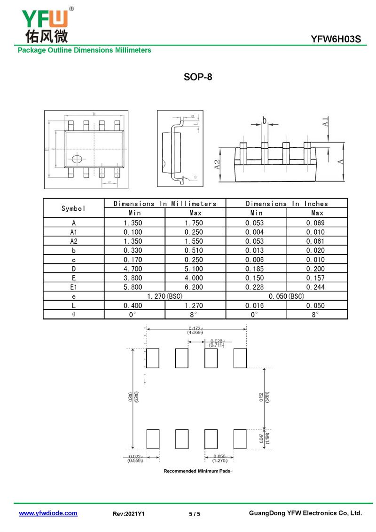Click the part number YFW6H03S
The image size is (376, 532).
[336, 40]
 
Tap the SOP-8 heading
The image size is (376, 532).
[198, 77]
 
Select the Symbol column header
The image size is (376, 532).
[73, 208]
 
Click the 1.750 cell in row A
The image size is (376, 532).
[194, 223]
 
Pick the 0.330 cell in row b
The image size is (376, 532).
[133, 251]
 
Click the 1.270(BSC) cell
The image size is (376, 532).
[165, 297]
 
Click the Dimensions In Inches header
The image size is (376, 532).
[287, 204]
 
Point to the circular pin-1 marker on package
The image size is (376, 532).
[76, 159]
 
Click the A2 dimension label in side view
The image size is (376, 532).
[217, 165]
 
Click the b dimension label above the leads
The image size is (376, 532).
[264, 120]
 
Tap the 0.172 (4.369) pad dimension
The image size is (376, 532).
[195, 330]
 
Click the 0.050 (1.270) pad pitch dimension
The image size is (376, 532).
[219, 459]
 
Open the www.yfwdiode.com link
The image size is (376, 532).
[48, 513]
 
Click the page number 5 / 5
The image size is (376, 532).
[195, 514]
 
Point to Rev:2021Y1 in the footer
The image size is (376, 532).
[129, 514]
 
